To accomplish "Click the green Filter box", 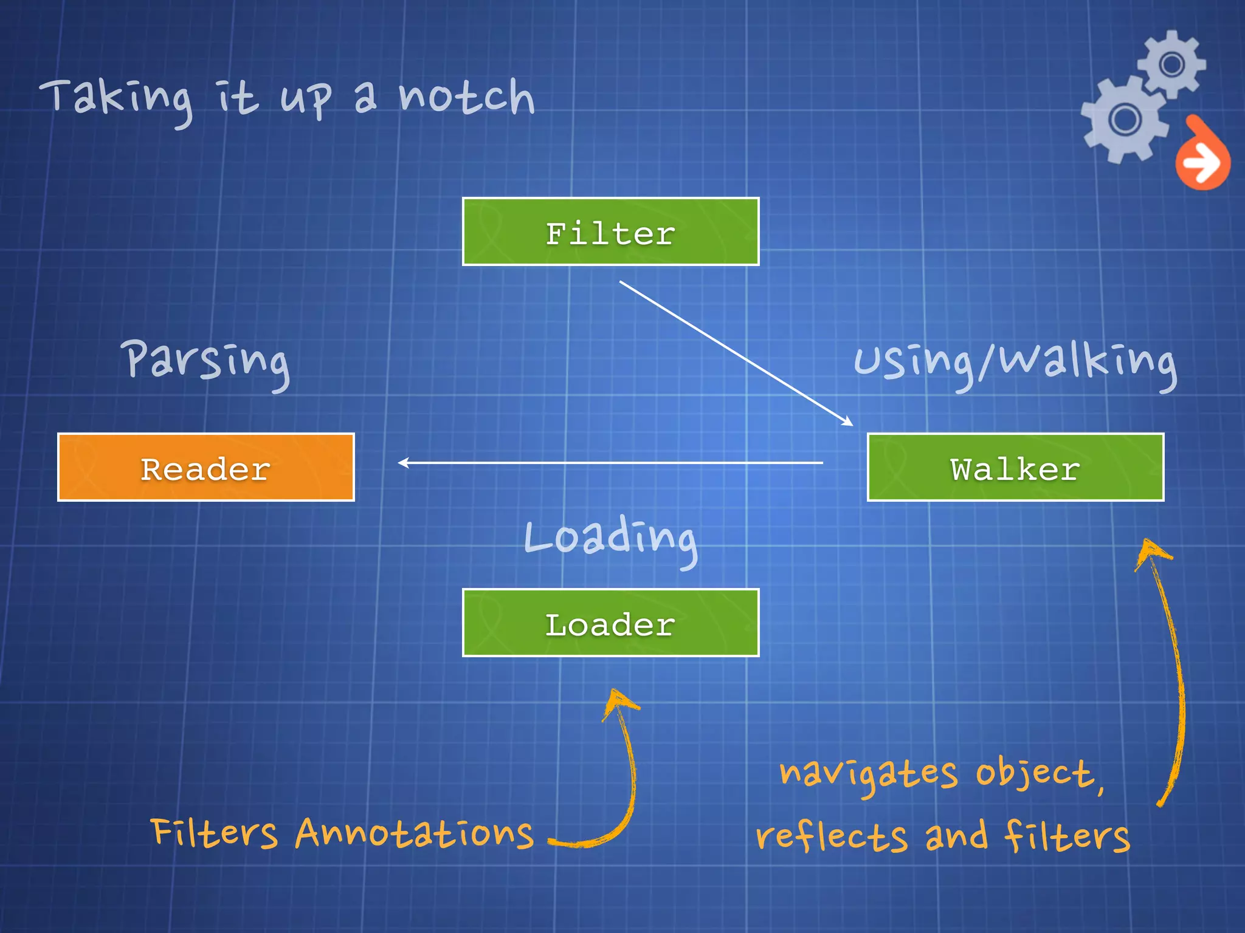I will click(x=610, y=232).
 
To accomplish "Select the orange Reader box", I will click(x=206, y=467).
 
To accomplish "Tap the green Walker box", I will click(x=1015, y=467).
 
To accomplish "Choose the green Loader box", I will click(x=610, y=623).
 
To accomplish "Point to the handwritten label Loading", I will click(x=610, y=538).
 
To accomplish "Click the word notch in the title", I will click(x=466, y=97).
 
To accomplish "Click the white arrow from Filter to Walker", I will click(x=736, y=352).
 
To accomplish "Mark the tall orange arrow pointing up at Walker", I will click(x=1170, y=668).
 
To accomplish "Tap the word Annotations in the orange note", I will click(x=414, y=833).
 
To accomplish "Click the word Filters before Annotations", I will click(x=214, y=833).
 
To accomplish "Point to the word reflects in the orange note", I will click(x=831, y=837).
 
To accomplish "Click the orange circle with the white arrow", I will click(x=1202, y=162).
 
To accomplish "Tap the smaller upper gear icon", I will click(x=1171, y=64).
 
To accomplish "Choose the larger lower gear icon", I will click(x=1125, y=120).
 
